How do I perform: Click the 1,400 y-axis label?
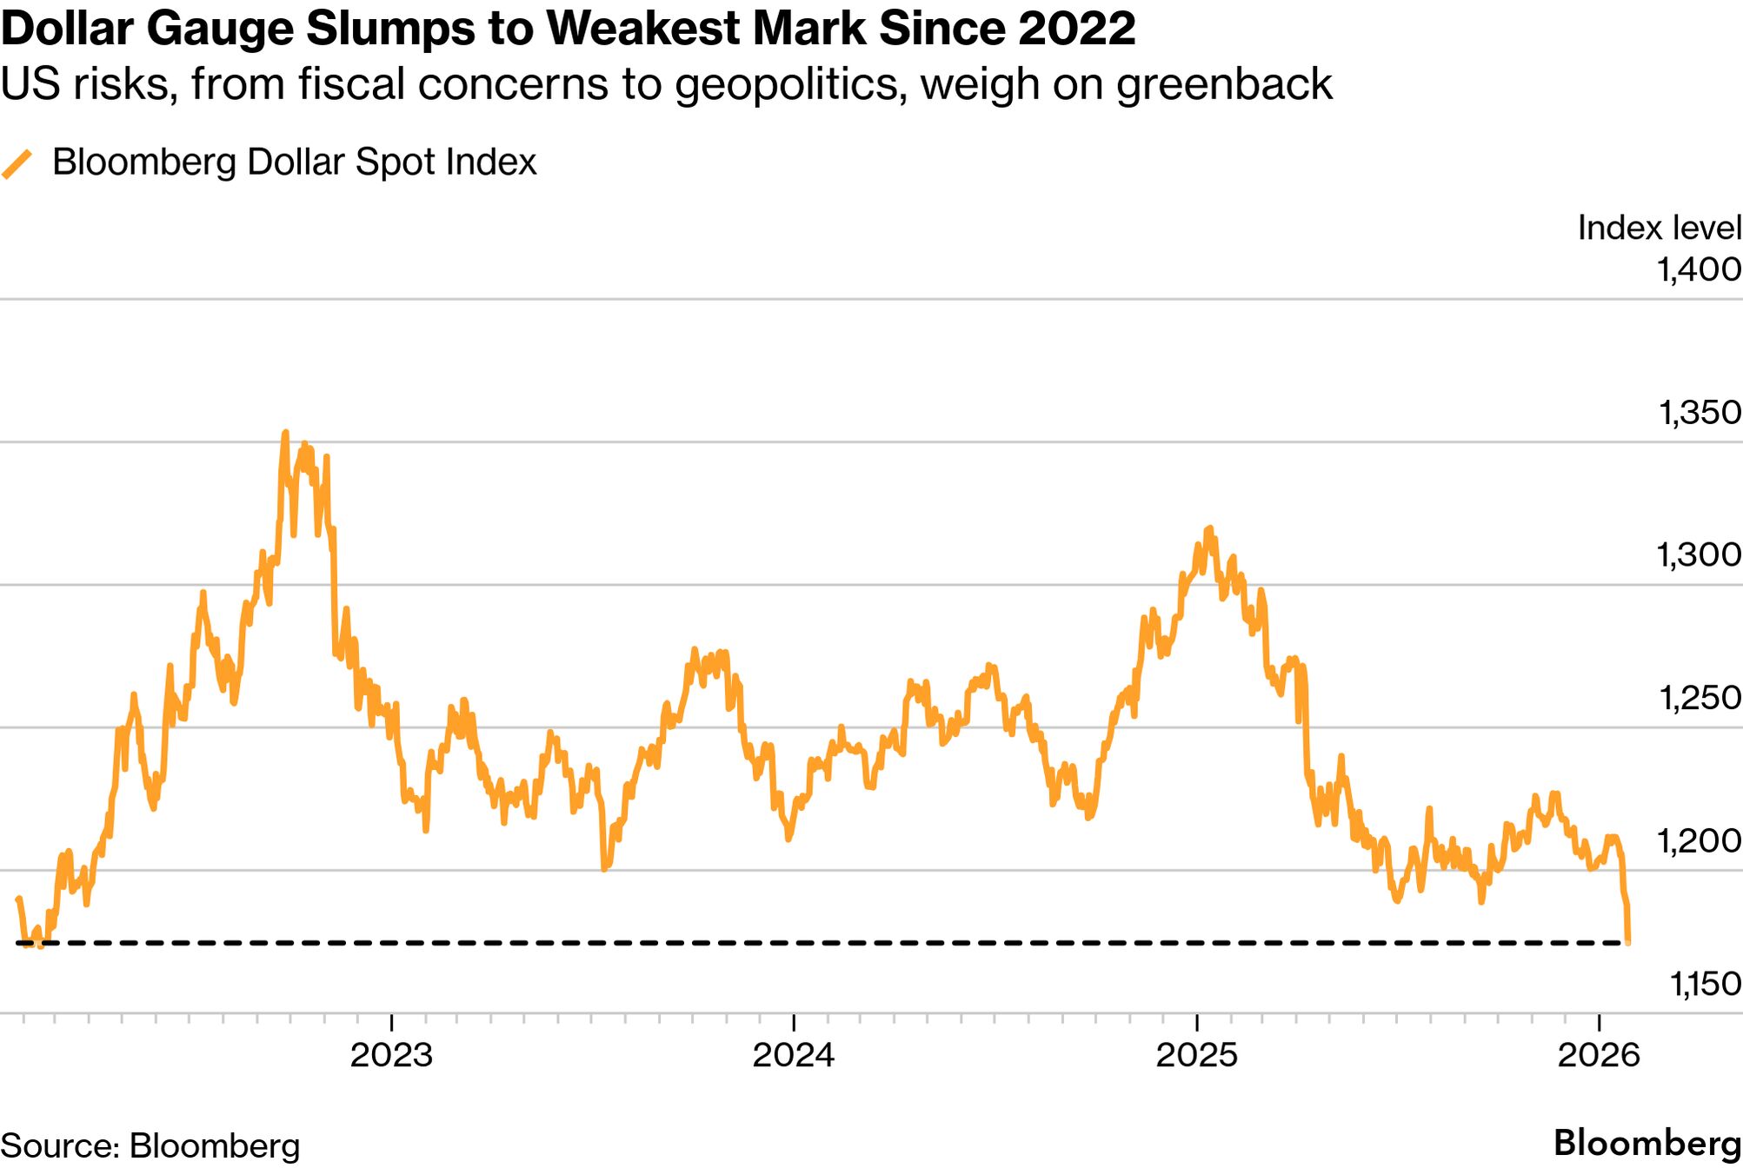pos(1699,269)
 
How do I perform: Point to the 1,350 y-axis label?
pos(1699,412)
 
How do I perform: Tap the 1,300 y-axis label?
pos(1699,554)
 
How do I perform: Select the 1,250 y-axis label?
pos(1699,697)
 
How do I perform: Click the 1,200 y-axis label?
pos(1699,840)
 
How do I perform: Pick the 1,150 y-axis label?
pos(1704,983)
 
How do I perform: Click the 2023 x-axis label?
pos(391,1055)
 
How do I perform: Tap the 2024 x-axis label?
pos(794,1055)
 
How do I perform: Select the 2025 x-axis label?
pos(1196,1055)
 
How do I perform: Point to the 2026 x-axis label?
pos(1599,1055)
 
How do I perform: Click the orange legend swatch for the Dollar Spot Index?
pos(17,163)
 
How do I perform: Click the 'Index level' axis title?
pos(1659,228)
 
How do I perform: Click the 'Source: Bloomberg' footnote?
pos(150,1145)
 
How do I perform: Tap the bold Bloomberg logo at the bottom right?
pos(1647,1144)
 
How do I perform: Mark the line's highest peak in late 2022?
pos(285,433)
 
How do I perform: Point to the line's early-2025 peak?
pos(1209,528)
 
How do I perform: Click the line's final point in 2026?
pos(1627,942)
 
